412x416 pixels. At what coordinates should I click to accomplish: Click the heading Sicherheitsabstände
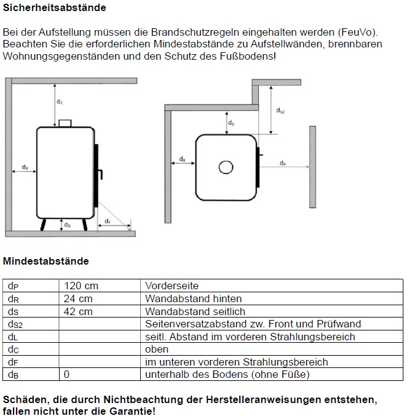pyautogui.click(x=55, y=8)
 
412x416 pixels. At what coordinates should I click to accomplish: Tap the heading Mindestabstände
pyautogui.click(x=46, y=261)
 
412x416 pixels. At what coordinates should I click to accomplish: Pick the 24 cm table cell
pyautogui.click(x=78, y=298)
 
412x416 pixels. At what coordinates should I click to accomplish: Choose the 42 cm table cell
pyautogui.click(x=78, y=311)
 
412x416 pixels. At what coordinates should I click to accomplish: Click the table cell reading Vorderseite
pyautogui.click(x=172, y=286)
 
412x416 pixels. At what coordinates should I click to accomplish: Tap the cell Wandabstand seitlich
pyautogui.click(x=195, y=311)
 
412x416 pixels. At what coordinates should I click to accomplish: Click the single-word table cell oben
pyautogui.click(x=156, y=349)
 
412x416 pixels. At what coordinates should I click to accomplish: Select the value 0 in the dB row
pyautogui.click(x=66, y=374)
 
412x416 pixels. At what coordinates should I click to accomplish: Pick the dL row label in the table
pyautogui.click(x=14, y=337)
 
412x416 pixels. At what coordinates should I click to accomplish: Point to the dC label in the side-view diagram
pyautogui.click(x=60, y=102)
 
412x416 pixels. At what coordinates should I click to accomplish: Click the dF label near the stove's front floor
pyautogui.click(x=107, y=220)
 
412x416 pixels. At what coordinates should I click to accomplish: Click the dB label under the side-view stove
pyautogui.click(x=67, y=225)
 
